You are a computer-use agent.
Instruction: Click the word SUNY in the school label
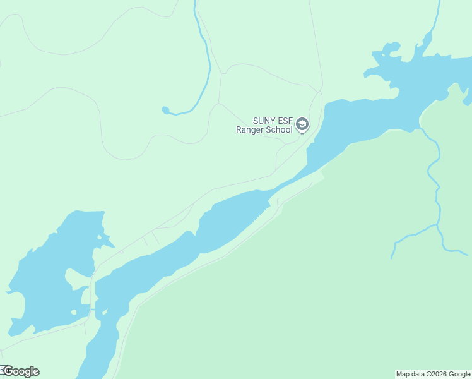click(x=263, y=121)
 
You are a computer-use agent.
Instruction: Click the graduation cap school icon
click(x=302, y=124)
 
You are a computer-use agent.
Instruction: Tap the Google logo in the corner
click(x=21, y=371)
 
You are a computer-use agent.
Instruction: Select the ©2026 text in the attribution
click(x=437, y=374)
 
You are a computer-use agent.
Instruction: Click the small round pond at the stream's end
click(x=165, y=110)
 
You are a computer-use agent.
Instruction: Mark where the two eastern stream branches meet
click(x=437, y=225)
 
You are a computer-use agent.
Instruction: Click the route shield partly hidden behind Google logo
click(x=3, y=369)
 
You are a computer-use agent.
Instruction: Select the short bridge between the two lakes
click(x=94, y=310)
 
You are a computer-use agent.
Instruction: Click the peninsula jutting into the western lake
click(x=79, y=279)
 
